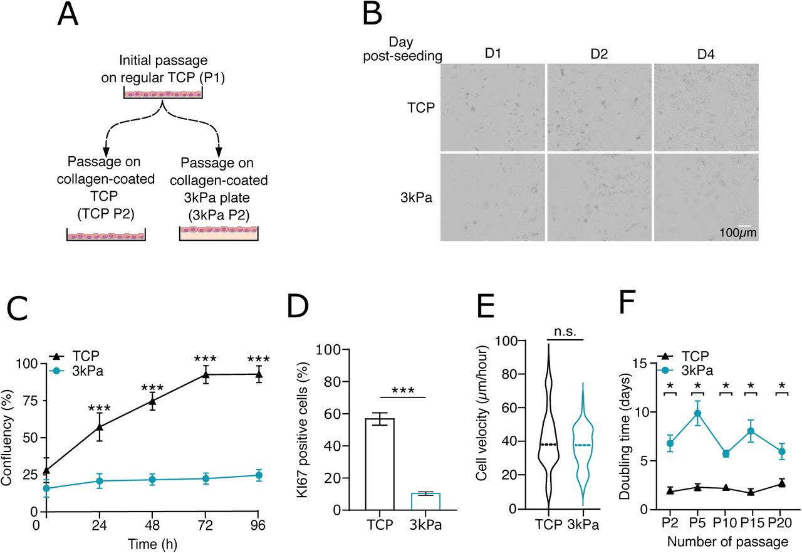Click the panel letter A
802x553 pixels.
(x=68, y=15)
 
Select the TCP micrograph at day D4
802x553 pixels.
(x=706, y=107)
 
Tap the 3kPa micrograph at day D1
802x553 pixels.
(x=492, y=197)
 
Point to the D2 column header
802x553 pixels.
(x=599, y=55)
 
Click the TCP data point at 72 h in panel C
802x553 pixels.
(x=205, y=375)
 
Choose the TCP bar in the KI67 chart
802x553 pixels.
(x=379, y=464)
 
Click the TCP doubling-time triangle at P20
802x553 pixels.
(x=781, y=483)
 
